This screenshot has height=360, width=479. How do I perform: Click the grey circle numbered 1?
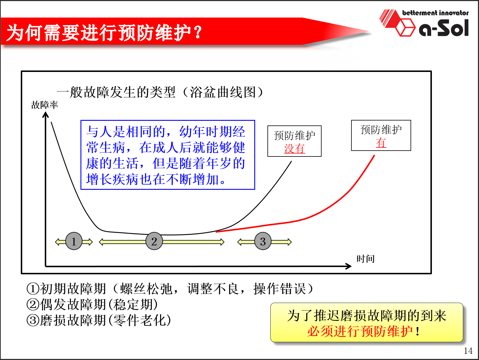click(74, 241)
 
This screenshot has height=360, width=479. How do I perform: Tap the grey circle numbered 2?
click(154, 241)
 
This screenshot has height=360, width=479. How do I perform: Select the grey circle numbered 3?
click(263, 241)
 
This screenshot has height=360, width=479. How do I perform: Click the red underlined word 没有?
click(294, 149)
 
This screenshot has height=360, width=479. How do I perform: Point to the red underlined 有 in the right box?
click(381, 143)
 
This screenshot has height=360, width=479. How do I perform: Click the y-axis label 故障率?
click(44, 105)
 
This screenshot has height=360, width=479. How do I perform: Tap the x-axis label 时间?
click(365, 259)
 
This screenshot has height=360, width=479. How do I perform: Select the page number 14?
click(468, 351)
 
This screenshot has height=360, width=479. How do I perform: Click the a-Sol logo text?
click(444, 28)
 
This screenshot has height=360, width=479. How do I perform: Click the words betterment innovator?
click(435, 13)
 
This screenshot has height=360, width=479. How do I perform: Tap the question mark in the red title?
click(198, 32)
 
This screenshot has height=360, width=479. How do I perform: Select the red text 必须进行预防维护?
click(360, 331)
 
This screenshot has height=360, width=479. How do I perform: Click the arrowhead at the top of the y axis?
click(45, 114)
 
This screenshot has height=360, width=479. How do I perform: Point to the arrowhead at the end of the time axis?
click(348, 266)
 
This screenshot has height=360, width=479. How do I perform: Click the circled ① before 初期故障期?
click(33, 289)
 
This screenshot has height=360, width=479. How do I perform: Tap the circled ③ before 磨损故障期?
click(33, 320)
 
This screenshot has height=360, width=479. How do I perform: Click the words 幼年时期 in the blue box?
click(206, 132)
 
